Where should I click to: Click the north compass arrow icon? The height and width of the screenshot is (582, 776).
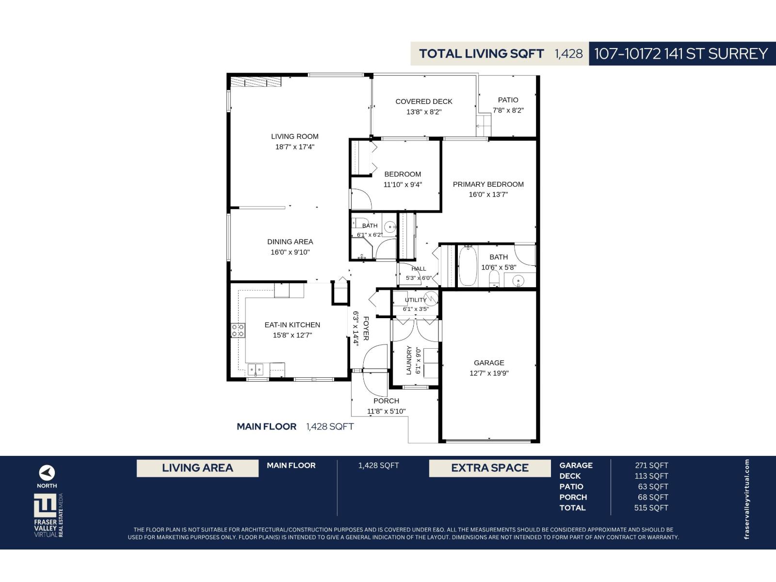point(47,472)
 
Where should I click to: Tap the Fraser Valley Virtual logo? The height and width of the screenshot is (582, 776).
point(48,516)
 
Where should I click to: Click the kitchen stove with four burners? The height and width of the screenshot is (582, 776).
point(238,330)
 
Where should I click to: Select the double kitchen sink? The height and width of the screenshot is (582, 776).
point(255,370)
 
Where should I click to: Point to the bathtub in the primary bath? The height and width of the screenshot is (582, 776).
point(468,266)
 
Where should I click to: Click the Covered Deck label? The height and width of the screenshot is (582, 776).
point(424,101)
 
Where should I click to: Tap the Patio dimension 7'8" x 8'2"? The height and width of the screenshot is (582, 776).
point(508,110)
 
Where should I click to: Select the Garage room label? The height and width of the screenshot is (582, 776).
point(489,363)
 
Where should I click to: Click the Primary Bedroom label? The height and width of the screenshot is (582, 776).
point(488,184)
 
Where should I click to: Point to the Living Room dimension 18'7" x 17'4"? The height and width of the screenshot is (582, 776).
point(295,146)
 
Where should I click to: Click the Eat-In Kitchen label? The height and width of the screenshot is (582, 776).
point(292,325)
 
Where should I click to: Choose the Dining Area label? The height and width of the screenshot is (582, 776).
point(290,242)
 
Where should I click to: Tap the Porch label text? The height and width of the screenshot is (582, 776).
point(386,401)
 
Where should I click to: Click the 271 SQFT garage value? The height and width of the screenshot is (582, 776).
point(651,466)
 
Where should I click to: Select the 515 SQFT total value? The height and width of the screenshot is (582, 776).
point(651,508)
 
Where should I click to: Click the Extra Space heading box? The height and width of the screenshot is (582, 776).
point(490,468)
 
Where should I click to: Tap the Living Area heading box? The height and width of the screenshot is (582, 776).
point(197,468)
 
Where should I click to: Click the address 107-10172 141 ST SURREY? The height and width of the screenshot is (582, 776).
point(680,54)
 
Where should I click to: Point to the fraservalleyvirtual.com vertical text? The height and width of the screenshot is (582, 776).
point(746,499)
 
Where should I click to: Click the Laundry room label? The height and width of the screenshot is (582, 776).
point(409,360)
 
